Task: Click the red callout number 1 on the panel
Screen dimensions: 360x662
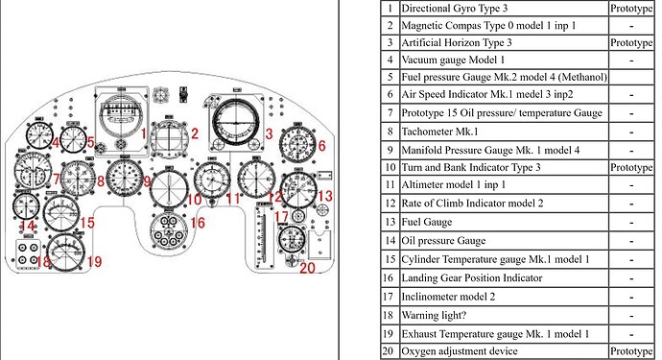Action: pos(145,133)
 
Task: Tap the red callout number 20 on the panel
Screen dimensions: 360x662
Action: pos(306,268)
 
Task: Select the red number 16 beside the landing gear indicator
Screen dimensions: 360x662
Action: pos(198,223)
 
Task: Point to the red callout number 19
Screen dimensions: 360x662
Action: pos(94,261)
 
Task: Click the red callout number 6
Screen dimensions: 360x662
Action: pos(322,146)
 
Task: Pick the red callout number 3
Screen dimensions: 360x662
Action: pos(270,133)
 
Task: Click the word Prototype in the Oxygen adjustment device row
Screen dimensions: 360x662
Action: pos(630,351)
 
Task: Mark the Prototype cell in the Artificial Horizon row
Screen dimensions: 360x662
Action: pos(630,43)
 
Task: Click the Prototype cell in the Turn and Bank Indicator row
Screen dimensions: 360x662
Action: pos(630,167)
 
